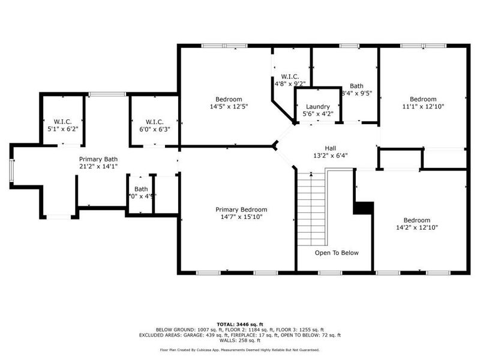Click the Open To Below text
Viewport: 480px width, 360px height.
(337, 253)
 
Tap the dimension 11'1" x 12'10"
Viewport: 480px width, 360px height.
(424, 106)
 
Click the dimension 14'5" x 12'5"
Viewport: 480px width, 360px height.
(229, 106)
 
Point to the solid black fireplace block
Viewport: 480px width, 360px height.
(363, 207)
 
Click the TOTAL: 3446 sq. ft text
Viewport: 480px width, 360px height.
(239, 324)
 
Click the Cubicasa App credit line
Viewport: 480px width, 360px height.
(239, 349)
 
